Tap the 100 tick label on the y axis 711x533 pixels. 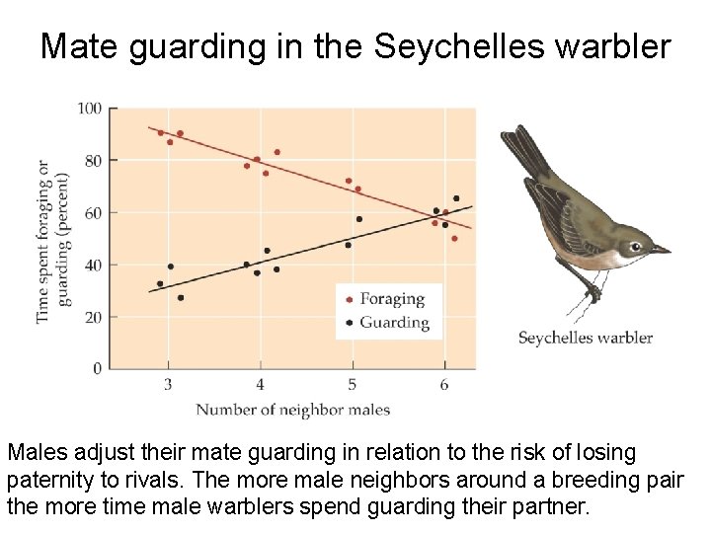(x=90, y=108)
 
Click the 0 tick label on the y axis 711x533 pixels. (x=97, y=368)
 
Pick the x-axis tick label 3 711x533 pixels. (x=168, y=384)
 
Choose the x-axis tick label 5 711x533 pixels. (x=352, y=384)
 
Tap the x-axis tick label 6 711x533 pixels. (x=444, y=384)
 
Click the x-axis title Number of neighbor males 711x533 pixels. (x=292, y=410)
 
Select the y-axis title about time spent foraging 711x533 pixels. (x=55, y=240)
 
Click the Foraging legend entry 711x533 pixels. (x=392, y=299)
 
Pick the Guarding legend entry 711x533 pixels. (x=394, y=323)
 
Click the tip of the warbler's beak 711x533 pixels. (x=670, y=251)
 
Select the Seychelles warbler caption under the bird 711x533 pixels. (x=586, y=338)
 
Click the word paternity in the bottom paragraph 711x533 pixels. (x=48, y=481)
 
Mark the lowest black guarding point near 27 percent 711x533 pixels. (x=180, y=297)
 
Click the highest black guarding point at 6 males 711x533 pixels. (x=456, y=198)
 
